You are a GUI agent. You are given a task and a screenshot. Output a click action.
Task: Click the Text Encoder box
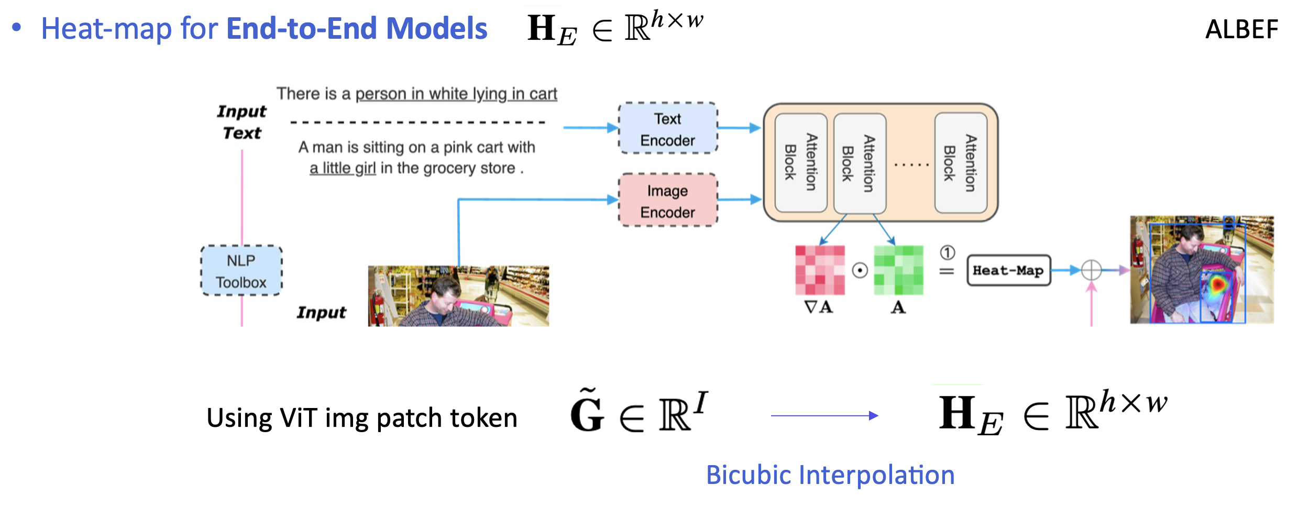click(x=668, y=129)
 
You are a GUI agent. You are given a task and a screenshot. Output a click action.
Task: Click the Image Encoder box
click(x=668, y=201)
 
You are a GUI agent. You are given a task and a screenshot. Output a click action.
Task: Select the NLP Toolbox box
click(x=241, y=271)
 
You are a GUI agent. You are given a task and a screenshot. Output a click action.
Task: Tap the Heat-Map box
click(x=1008, y=270)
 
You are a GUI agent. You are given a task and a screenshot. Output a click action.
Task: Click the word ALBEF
click(x=1241, y=29)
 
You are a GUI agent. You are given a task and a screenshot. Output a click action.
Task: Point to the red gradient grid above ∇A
click(x=820, y=270)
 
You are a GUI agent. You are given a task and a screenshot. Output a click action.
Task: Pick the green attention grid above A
click(x=898, y=270)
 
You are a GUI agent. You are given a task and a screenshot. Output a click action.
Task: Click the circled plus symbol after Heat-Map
click(x=1092, y=270)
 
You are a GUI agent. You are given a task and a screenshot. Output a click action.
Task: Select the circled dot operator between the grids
click(x=860, y=270)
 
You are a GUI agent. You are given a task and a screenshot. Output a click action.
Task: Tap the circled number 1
click(x=947, y=253)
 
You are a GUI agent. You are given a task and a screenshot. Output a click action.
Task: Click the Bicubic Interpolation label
click(x=830, y=475)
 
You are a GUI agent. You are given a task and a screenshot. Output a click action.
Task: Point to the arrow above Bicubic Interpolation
click(x=824, y=416)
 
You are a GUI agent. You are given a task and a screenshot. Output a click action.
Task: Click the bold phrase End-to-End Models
click(x=357, y=28)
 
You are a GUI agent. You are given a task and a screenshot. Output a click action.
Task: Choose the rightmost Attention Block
click(x=961, y=163)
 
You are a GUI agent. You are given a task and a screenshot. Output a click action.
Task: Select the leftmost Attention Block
click(x=800, y=163)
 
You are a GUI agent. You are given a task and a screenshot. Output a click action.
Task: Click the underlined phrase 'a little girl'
click(x=343, y=169)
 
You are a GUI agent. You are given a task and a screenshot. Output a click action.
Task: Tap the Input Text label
click(x=241, y=122)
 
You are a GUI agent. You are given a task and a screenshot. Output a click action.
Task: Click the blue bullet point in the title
click(x=17, y=27)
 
